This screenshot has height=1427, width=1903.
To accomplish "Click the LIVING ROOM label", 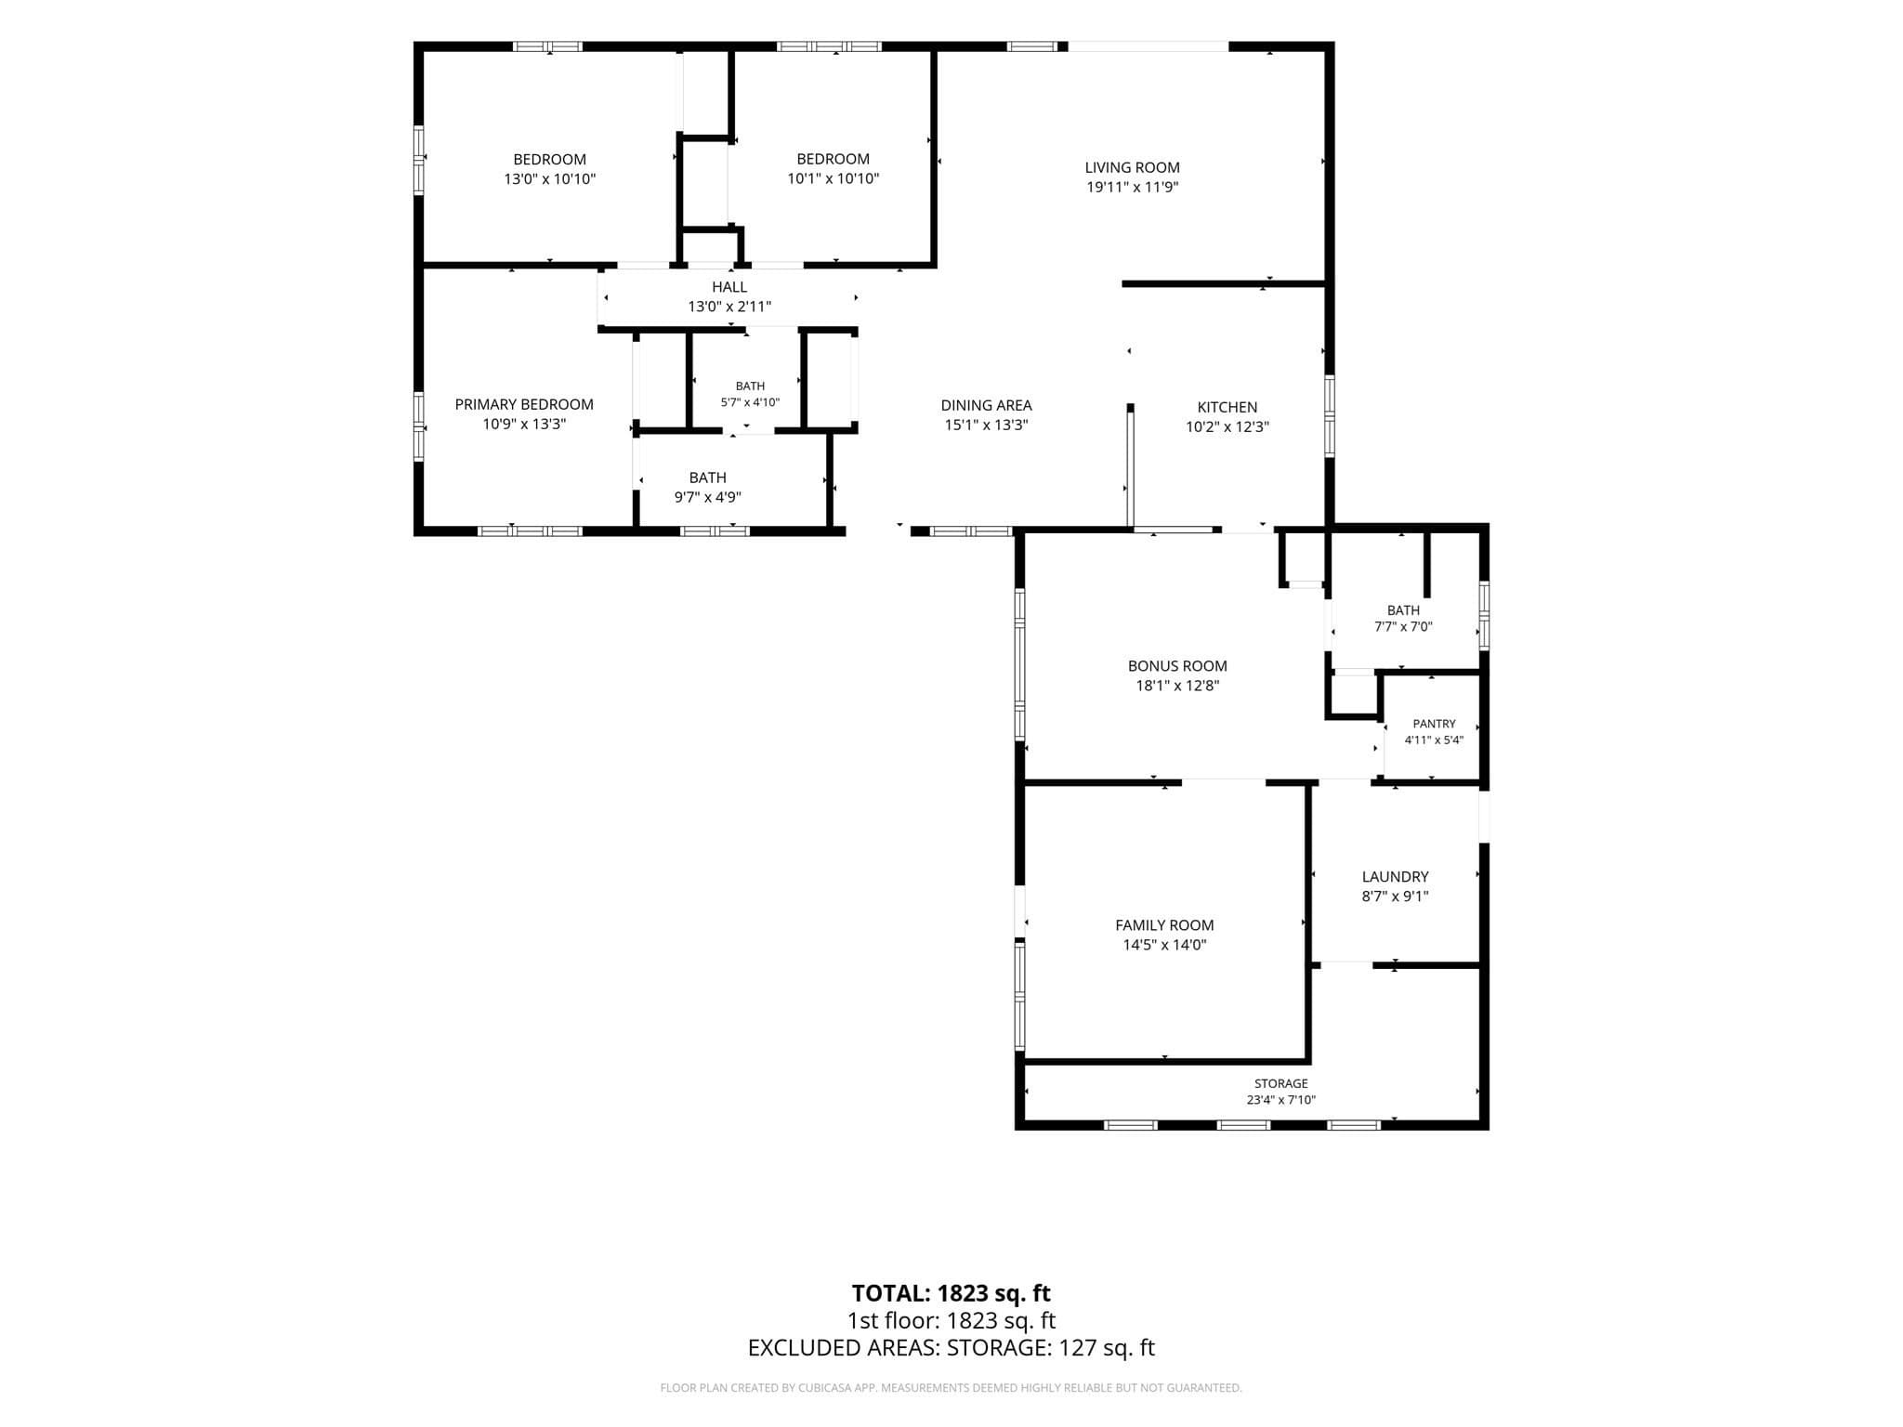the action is tap(1132, 167).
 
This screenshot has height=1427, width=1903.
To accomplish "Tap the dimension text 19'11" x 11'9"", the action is tap(1132, 187).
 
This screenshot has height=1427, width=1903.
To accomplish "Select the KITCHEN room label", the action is tap(1227, 407).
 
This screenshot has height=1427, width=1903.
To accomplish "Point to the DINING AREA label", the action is tap(986, 405).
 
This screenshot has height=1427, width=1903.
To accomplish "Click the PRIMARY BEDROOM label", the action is tap(524, 404).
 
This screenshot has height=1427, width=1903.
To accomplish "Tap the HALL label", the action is tap(729, 287).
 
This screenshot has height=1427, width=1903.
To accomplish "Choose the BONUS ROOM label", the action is tap(1177, 666).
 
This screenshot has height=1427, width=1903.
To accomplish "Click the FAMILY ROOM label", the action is tap(1164, 925).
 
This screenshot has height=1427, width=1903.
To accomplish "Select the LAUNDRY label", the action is tap(1395, 877).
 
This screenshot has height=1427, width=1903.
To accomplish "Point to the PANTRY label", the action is tap(1434, 724).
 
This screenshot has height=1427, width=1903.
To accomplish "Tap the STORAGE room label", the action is tap(1280, 1083).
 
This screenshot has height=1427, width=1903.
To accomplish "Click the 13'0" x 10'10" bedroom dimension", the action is tap(549, 178).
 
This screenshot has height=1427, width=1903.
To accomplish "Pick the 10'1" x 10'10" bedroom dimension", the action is tap(833, 178).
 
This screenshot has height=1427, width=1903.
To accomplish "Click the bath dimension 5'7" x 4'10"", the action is tap(750, 402).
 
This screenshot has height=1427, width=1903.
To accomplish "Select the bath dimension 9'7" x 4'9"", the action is tap(707, 497).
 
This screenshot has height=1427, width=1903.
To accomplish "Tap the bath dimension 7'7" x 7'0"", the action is tap(1403, 627).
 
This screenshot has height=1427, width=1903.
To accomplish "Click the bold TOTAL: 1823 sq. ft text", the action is tap(951, 1293).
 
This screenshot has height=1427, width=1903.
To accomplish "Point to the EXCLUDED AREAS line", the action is tap(951, 1348).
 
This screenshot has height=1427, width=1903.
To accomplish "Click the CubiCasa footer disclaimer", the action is tap(951, 1388).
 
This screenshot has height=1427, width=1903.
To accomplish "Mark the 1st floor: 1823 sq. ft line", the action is tap(951, 1320).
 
